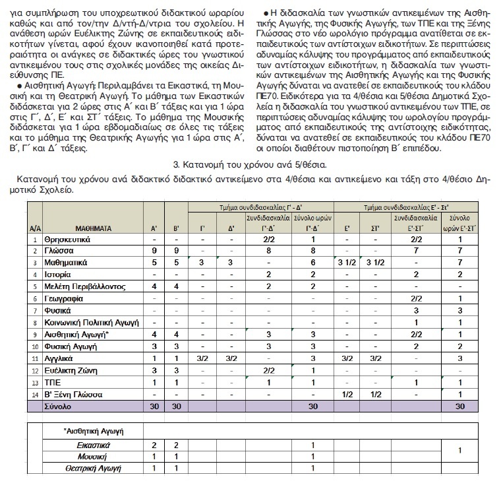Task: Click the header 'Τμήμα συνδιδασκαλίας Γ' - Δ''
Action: (260, 207)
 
